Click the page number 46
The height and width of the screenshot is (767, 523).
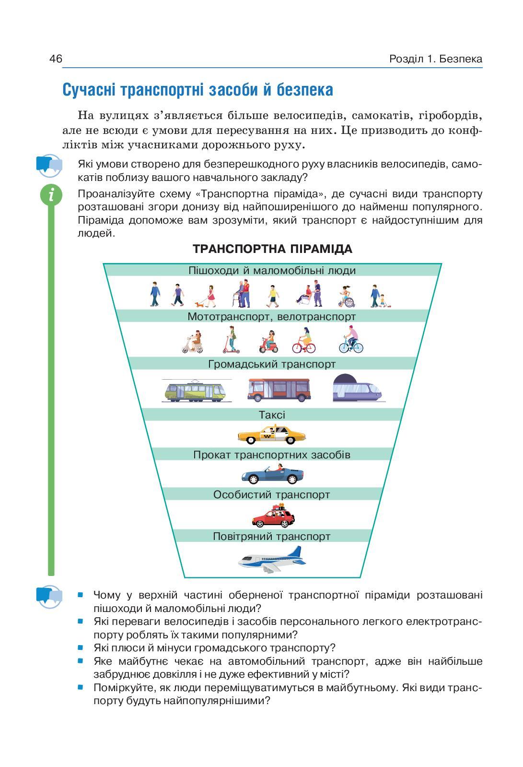pos(56,59)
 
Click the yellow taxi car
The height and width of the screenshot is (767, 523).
pos(272,435)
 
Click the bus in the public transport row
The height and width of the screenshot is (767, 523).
pos(279,389)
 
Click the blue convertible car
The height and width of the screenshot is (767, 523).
pos(272,476)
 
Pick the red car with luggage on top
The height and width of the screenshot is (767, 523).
pos(273,516)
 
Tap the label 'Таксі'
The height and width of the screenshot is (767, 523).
pos(272,415)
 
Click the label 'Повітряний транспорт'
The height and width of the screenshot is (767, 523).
pos(272,536)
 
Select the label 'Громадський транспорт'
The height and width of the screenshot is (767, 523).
pos(272,364)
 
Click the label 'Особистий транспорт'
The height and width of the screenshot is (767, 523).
pos(272,494)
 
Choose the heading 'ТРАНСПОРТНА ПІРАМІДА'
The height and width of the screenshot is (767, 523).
pos(272,249)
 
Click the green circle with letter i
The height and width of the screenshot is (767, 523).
pos(51,195)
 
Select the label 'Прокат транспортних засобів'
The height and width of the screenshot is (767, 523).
pos(272,455)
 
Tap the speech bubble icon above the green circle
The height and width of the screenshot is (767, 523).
pos(49,165)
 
